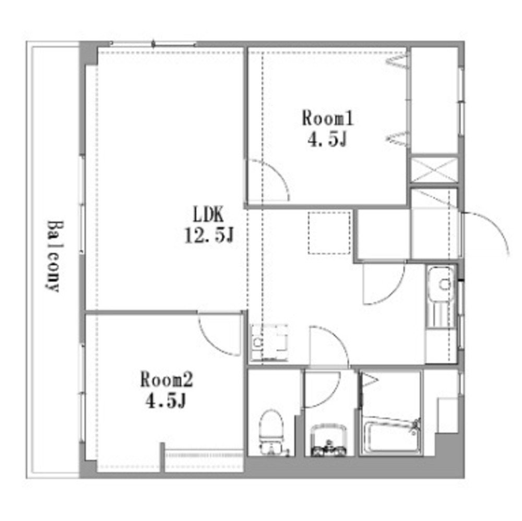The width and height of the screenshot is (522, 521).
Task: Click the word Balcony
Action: coord(52,256)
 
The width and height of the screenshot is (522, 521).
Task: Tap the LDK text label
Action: coord(208,214)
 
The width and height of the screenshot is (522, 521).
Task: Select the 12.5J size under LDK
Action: coord(208,236)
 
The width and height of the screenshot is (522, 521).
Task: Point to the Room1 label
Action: coord(328,118)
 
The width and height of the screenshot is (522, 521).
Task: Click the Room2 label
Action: coord(167,379)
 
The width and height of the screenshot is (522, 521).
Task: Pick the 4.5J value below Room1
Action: coord(328,140)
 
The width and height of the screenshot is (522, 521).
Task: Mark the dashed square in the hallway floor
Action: coord(329,233)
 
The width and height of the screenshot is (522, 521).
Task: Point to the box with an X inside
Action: coord(434,169)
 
